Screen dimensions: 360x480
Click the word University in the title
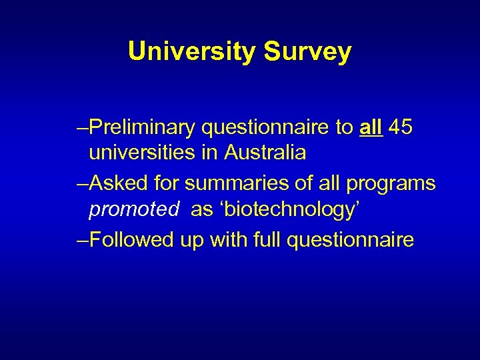pos(191,51)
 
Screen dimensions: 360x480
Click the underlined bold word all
pos(370,127)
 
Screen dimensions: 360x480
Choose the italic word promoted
pos(134,209)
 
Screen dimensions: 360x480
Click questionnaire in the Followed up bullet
pos(350,239)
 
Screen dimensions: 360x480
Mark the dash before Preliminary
pos(82,127)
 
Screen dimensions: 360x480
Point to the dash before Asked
pos(82,183)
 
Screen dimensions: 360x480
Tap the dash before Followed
pos(82,239)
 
